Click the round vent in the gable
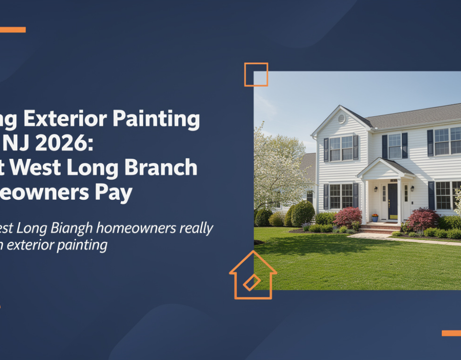[341, 119]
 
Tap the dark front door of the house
[393, 201]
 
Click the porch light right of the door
[412, 189]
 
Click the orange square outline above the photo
[256, 74]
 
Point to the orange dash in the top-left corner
[12, 30]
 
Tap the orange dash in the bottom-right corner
[451, 333]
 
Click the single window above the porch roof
[394, 146]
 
